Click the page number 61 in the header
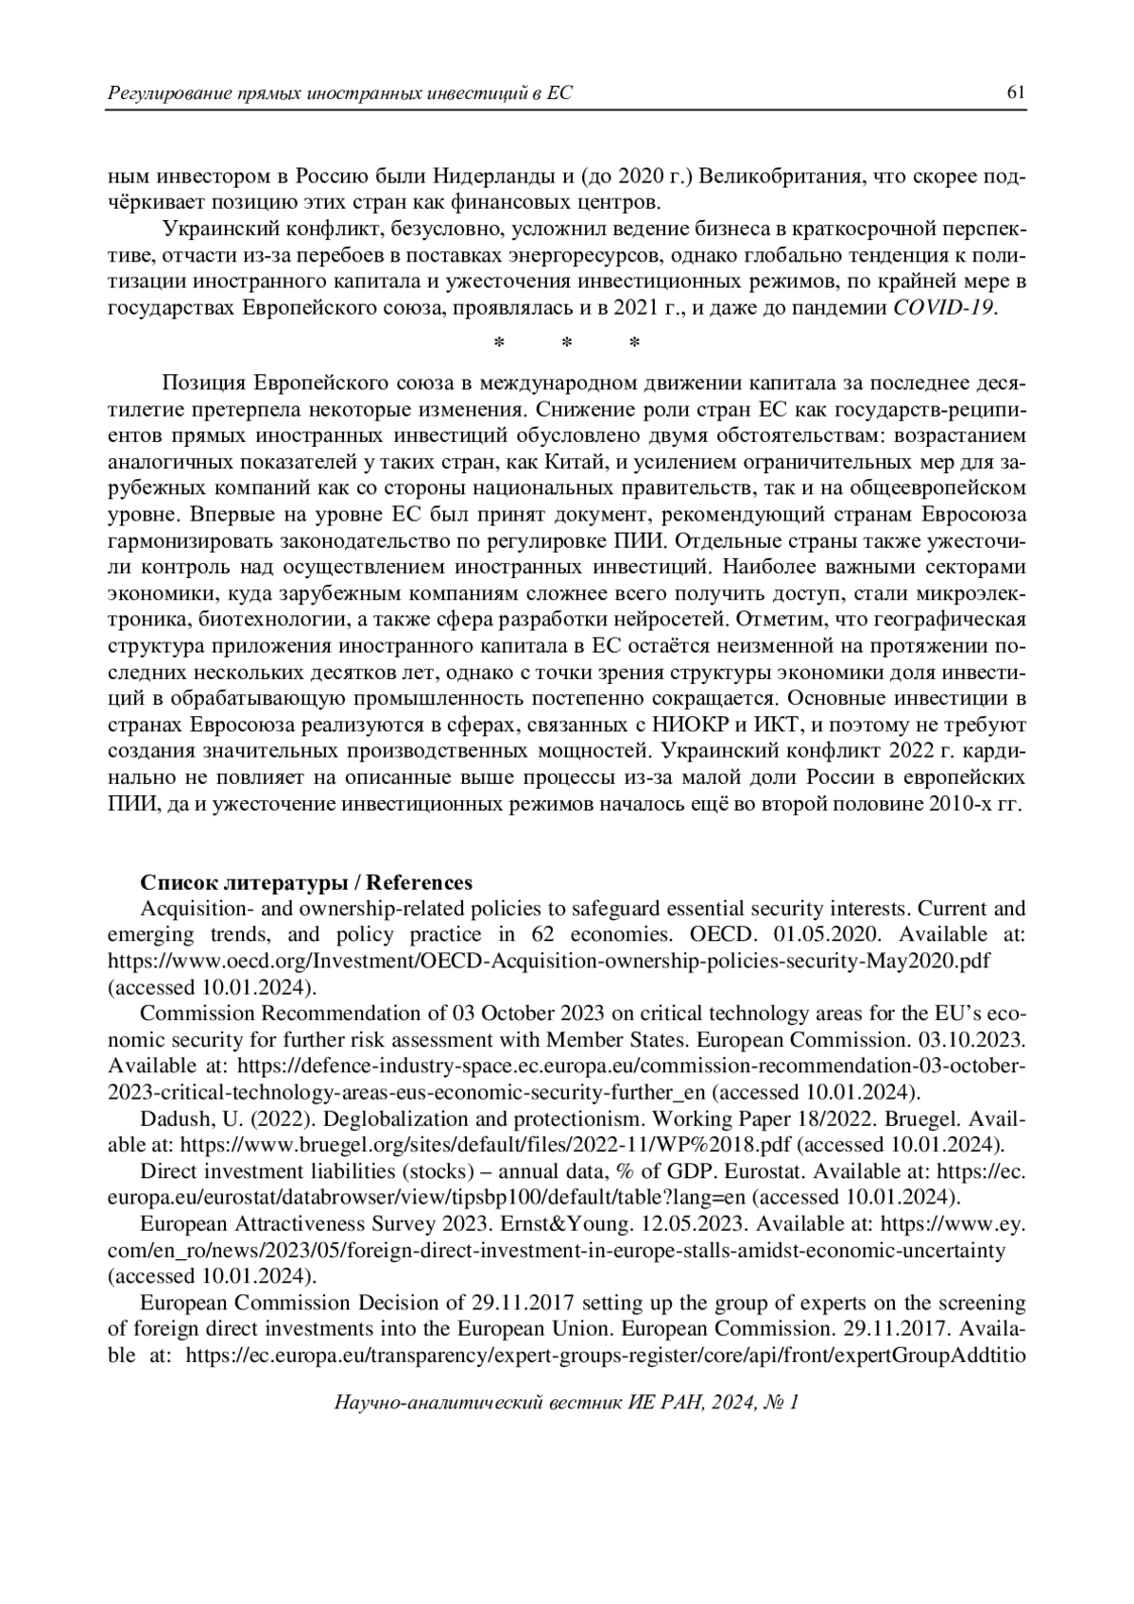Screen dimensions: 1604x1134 [x=1016, y=93]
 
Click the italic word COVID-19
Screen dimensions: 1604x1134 [x=943, y=308]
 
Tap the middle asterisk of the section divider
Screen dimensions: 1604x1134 [x=567, y=343]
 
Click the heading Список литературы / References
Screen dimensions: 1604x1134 [x=306, y=882]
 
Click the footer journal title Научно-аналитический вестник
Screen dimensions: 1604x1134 [x=479, y=1403]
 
